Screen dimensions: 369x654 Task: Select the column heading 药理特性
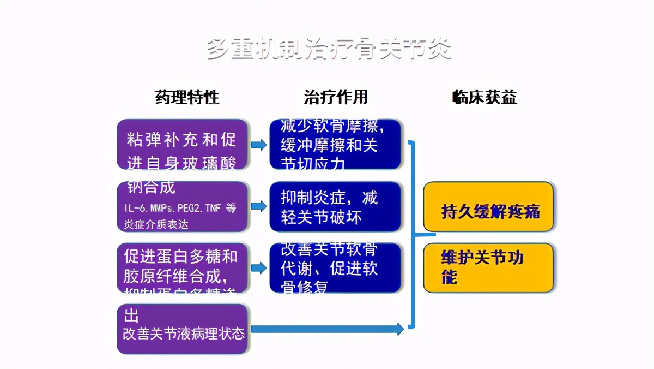click(187, 97)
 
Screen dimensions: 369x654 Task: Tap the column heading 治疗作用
click(336, 97)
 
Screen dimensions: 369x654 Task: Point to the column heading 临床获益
click(485, 97)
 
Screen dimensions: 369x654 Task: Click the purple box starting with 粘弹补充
click(183, 144)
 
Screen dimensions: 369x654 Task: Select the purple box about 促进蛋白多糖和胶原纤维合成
click(183, 267)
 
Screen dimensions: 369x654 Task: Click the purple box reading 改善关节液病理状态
click(183, 329)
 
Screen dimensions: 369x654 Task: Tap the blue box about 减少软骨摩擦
click(335, 144)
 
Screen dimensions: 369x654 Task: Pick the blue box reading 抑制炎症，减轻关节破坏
click(335, 206)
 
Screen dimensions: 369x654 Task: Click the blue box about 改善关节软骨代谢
click(335, 267)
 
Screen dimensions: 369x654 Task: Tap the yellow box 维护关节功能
click(488, 267)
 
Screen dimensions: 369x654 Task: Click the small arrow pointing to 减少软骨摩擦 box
click(259, 145)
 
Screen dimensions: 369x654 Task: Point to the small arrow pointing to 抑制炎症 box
click(259, 206)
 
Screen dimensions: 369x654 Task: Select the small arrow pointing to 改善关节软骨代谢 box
click(259, 267)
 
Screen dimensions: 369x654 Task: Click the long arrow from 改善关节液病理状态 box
click(327, 329)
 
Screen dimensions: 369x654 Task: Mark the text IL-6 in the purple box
click(134, 209)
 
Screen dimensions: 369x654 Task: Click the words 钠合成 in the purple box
click(151, 187)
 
